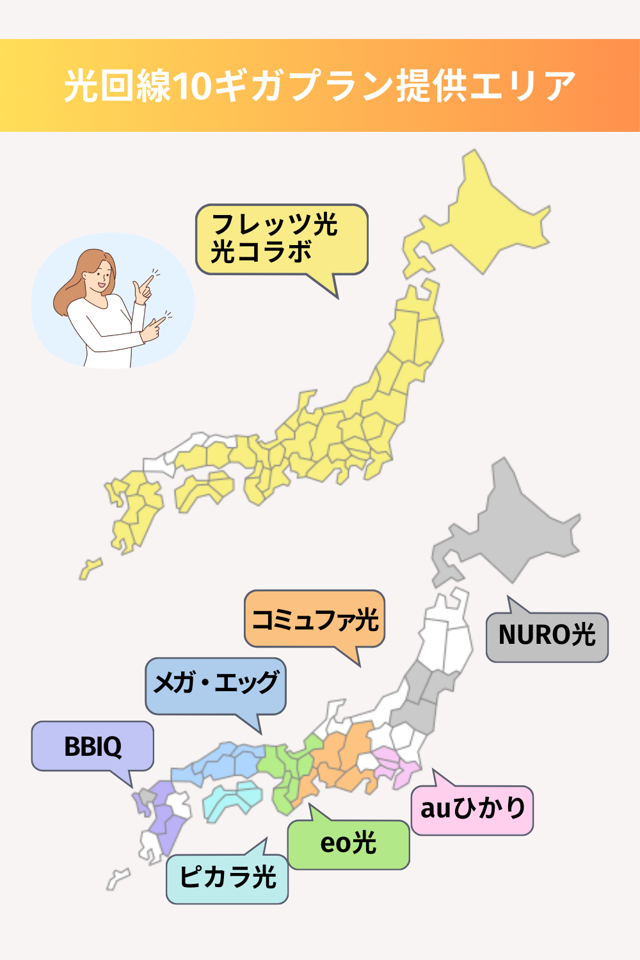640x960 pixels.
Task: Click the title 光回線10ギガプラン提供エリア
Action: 320,86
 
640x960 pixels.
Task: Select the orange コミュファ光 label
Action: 314,619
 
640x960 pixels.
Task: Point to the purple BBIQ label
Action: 92,746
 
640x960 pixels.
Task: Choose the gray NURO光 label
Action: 547,636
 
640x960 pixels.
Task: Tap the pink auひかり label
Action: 472,810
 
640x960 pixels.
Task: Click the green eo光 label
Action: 348,844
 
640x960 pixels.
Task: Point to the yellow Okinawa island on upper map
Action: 89,568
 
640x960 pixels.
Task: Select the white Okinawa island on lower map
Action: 118,878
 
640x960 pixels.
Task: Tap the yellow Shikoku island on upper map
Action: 202,490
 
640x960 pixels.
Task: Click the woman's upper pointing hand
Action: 143,287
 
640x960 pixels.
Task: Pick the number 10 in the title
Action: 191,86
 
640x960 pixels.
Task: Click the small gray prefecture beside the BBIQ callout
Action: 148,796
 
